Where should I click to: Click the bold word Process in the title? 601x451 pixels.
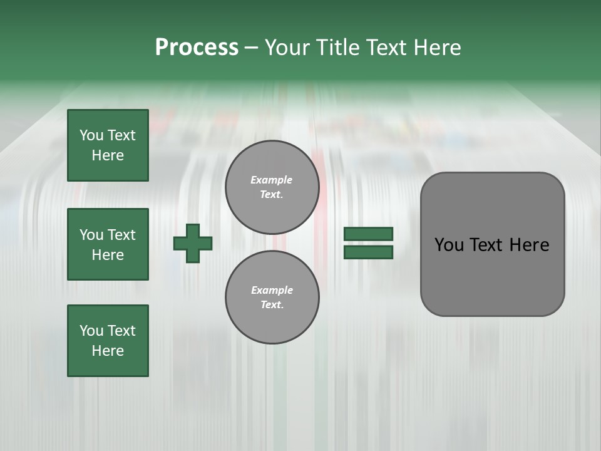tap(197, 48)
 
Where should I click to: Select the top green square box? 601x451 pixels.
tap(108, 145)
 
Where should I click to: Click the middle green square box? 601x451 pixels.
tap(108, 244)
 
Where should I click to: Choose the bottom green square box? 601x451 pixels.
tap(108, 341)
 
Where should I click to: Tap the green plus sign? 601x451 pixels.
tap(193, 243)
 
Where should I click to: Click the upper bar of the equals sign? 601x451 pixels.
tap(368, 234)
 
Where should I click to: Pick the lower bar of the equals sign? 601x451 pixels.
tap(368, 252)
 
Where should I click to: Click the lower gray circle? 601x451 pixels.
tap(272, 297)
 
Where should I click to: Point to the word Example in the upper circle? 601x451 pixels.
tap(272, 180)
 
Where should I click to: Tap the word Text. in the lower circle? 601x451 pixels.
tap(272, 305)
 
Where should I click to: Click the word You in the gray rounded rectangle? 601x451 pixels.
tap(449, 245)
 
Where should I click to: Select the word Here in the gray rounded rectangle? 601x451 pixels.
tap(529, 245)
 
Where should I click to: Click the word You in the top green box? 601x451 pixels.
tap(91, 135)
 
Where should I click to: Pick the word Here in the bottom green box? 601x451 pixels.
tap(108, 351)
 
